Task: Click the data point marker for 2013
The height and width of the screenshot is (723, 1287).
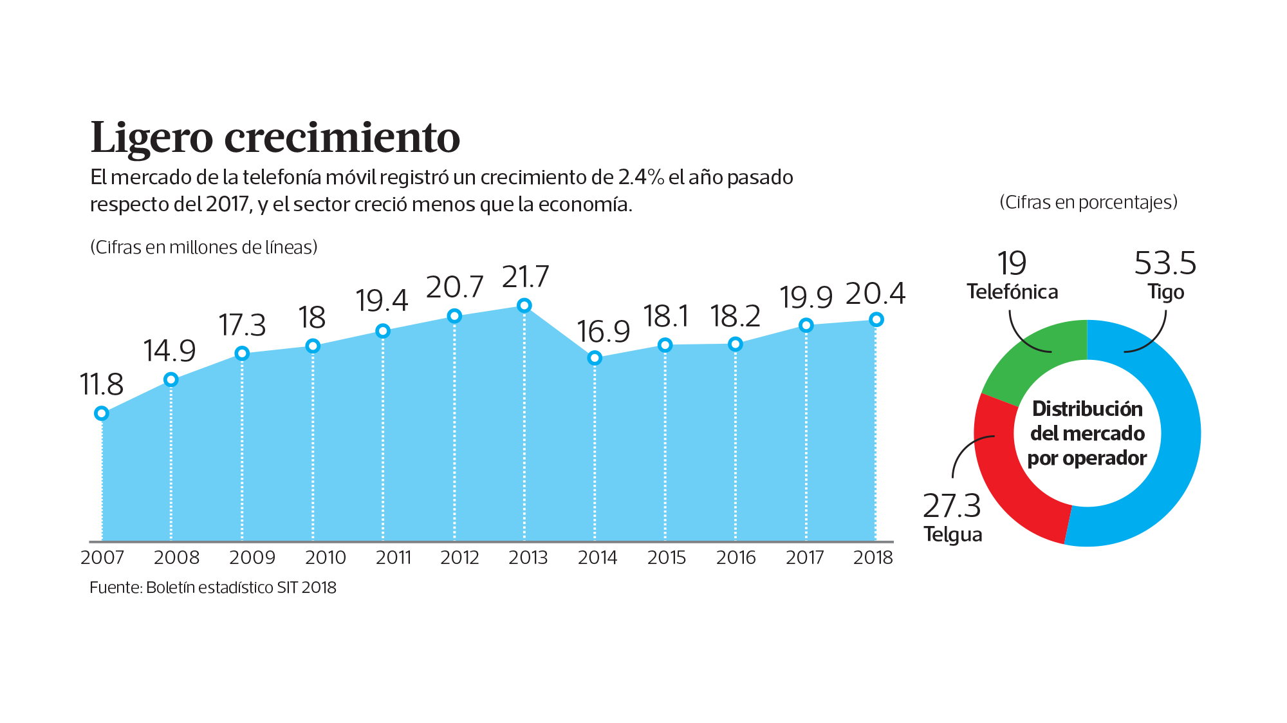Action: [524, 305]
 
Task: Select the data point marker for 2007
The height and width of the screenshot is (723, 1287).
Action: [101, 413]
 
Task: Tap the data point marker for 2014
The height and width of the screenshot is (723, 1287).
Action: [595, 358]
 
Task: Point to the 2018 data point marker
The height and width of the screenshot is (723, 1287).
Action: [876, 319]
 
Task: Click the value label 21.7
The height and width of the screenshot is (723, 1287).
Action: [525, 277]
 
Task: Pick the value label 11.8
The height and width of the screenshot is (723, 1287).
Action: [101, 384]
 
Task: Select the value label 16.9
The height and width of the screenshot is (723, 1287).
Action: [603, 332]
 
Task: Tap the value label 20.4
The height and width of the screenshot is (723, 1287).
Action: [875, 294]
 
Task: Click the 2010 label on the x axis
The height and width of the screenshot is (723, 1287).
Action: [325, 558]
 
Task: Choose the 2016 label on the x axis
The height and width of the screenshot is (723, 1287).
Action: [736, 558]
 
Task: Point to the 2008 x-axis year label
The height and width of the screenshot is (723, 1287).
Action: [176, 558]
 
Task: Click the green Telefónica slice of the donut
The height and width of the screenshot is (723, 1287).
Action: [1036, 361]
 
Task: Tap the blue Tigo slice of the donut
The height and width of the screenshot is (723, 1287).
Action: [1158, 451]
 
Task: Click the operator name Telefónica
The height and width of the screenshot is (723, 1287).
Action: [1012, 292]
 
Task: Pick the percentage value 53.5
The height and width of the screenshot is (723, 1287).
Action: [1165, 263]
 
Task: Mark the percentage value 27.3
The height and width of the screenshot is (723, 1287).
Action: [952, 506]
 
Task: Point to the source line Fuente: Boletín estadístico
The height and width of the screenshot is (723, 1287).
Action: [212, 588]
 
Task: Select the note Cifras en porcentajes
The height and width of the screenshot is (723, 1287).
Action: [1088, 202]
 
